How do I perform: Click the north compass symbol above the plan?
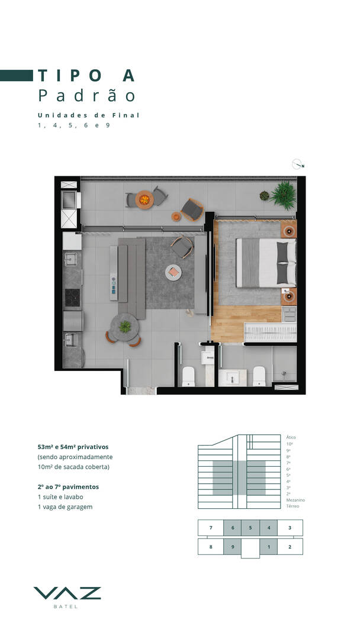(298, 164)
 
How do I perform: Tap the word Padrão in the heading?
(87, 95)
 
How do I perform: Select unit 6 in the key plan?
(232, 528)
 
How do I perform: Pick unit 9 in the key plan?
(232, 547)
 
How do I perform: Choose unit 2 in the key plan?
(290, 547)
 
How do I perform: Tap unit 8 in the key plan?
(211, 547)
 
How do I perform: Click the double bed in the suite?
(266, 263)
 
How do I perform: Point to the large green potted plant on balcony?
(284, 195)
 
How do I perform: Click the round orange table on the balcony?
(144, 200)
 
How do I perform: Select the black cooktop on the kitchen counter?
(73, 297)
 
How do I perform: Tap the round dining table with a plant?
(124, 327)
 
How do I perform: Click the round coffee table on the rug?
(173, 272)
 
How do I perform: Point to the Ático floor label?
(291, 437)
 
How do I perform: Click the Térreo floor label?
(292, 506)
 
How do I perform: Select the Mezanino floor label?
(295, 500)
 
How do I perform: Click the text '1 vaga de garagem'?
(65, 507)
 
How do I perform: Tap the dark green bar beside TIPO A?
(17, 75)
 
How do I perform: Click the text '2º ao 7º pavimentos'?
(69, 486)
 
